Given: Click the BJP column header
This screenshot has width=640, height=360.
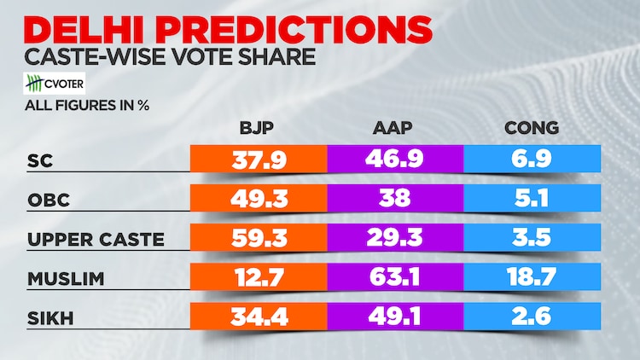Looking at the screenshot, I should tap(259, 129).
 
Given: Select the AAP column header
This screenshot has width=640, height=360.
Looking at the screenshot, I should tap(395, 129).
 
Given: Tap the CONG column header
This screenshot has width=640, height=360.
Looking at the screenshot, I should tap(531, 129).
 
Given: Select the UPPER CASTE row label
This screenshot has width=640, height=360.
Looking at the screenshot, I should tap(96, 239).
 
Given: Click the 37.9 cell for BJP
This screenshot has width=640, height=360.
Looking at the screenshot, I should tap(259, 160).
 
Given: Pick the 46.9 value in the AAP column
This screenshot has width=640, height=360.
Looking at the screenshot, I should tap(395, 160).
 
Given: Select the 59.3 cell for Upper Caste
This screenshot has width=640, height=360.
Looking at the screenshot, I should tap(259, 239).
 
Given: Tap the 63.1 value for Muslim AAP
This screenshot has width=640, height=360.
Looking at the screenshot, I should tap(395, 278).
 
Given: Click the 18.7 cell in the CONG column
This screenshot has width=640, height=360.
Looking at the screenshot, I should tap(531, 278).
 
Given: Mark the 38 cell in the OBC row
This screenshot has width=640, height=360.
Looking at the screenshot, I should tap(395, 199).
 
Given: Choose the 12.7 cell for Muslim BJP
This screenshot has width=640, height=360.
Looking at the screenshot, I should tap(259, 278).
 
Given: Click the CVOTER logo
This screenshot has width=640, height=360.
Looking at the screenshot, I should tap(57, 86).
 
